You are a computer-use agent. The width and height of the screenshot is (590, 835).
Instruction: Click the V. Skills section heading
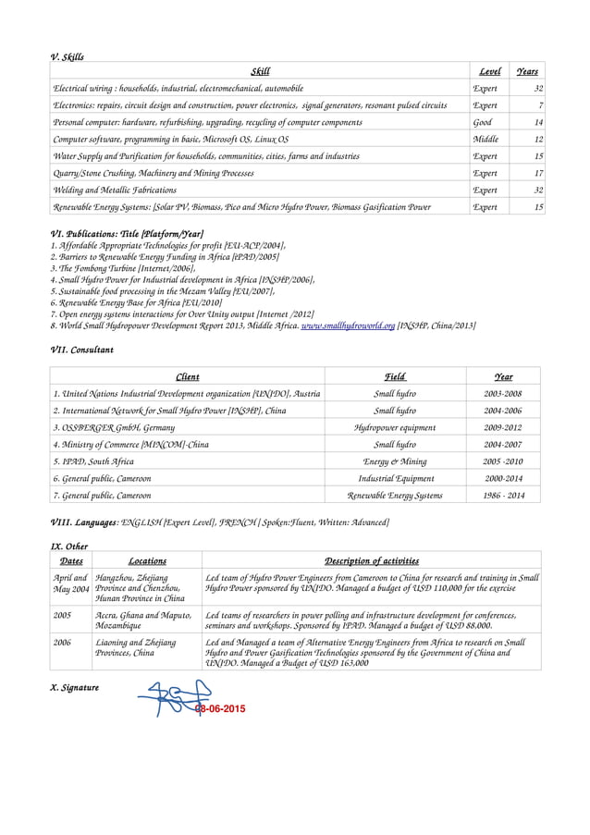tap(67, 56)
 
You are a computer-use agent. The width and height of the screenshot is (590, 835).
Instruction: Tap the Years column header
tap(527, 72)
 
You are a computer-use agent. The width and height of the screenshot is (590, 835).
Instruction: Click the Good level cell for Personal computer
tap(483, 122)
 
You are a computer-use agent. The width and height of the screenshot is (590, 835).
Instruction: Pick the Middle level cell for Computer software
tap(486, 140)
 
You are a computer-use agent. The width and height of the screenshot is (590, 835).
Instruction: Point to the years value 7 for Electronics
tap(539, 105)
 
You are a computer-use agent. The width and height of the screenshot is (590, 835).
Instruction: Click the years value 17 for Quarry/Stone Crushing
tap(537, 173)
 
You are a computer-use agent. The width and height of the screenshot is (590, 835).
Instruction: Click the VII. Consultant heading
tap(80, 351)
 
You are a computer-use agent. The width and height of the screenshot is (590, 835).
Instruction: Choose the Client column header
tap(187, 377)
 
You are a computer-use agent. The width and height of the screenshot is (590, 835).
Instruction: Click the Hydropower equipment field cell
tap(395, 428)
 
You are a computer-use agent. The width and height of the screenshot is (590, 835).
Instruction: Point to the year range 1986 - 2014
tap(503, 496)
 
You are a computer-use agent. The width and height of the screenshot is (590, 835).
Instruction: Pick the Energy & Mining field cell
tap(395, 461)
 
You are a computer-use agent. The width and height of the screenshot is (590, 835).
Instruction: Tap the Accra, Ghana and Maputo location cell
tap(143, 619)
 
